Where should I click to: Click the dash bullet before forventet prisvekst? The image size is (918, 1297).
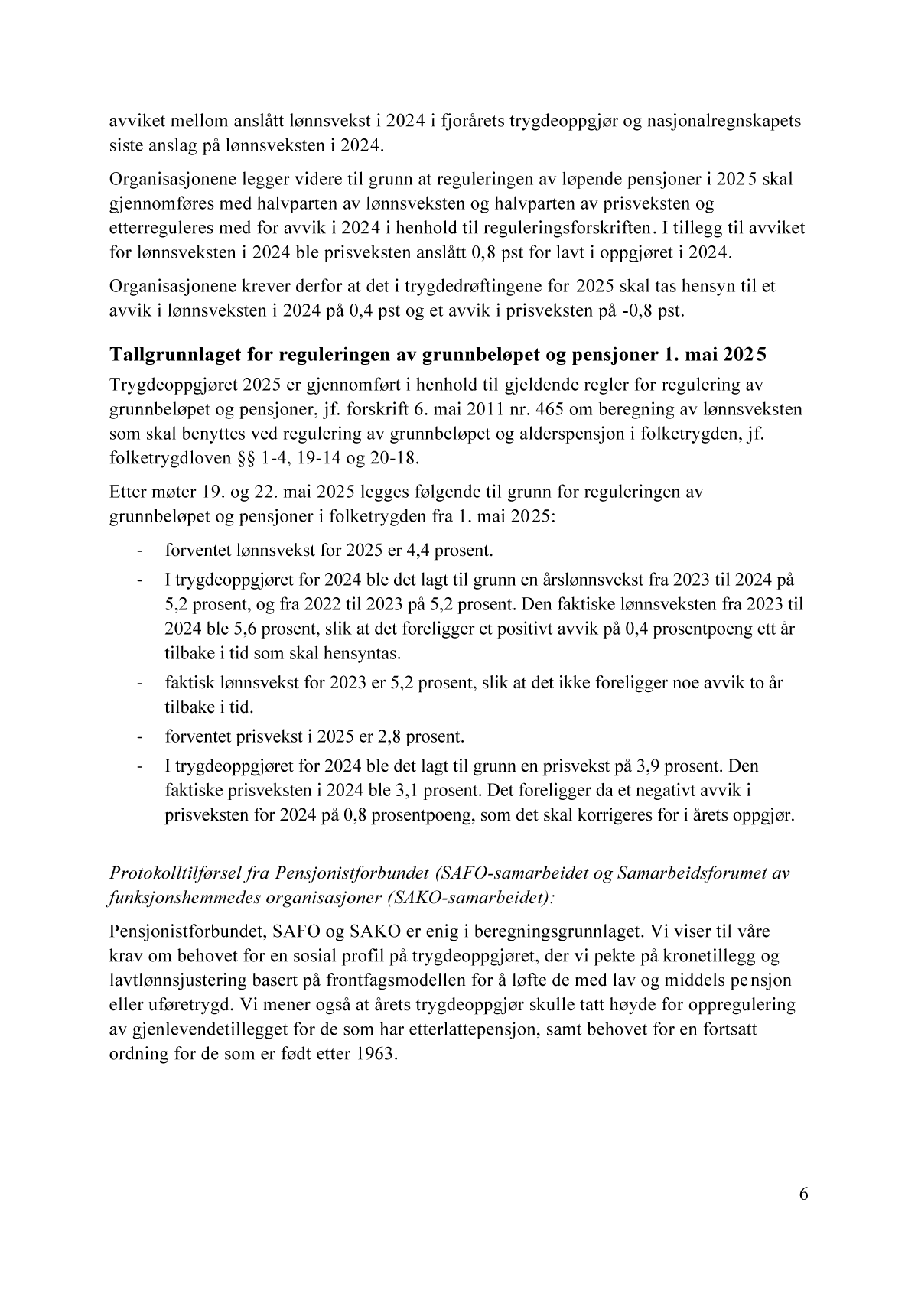coord(140,737)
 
